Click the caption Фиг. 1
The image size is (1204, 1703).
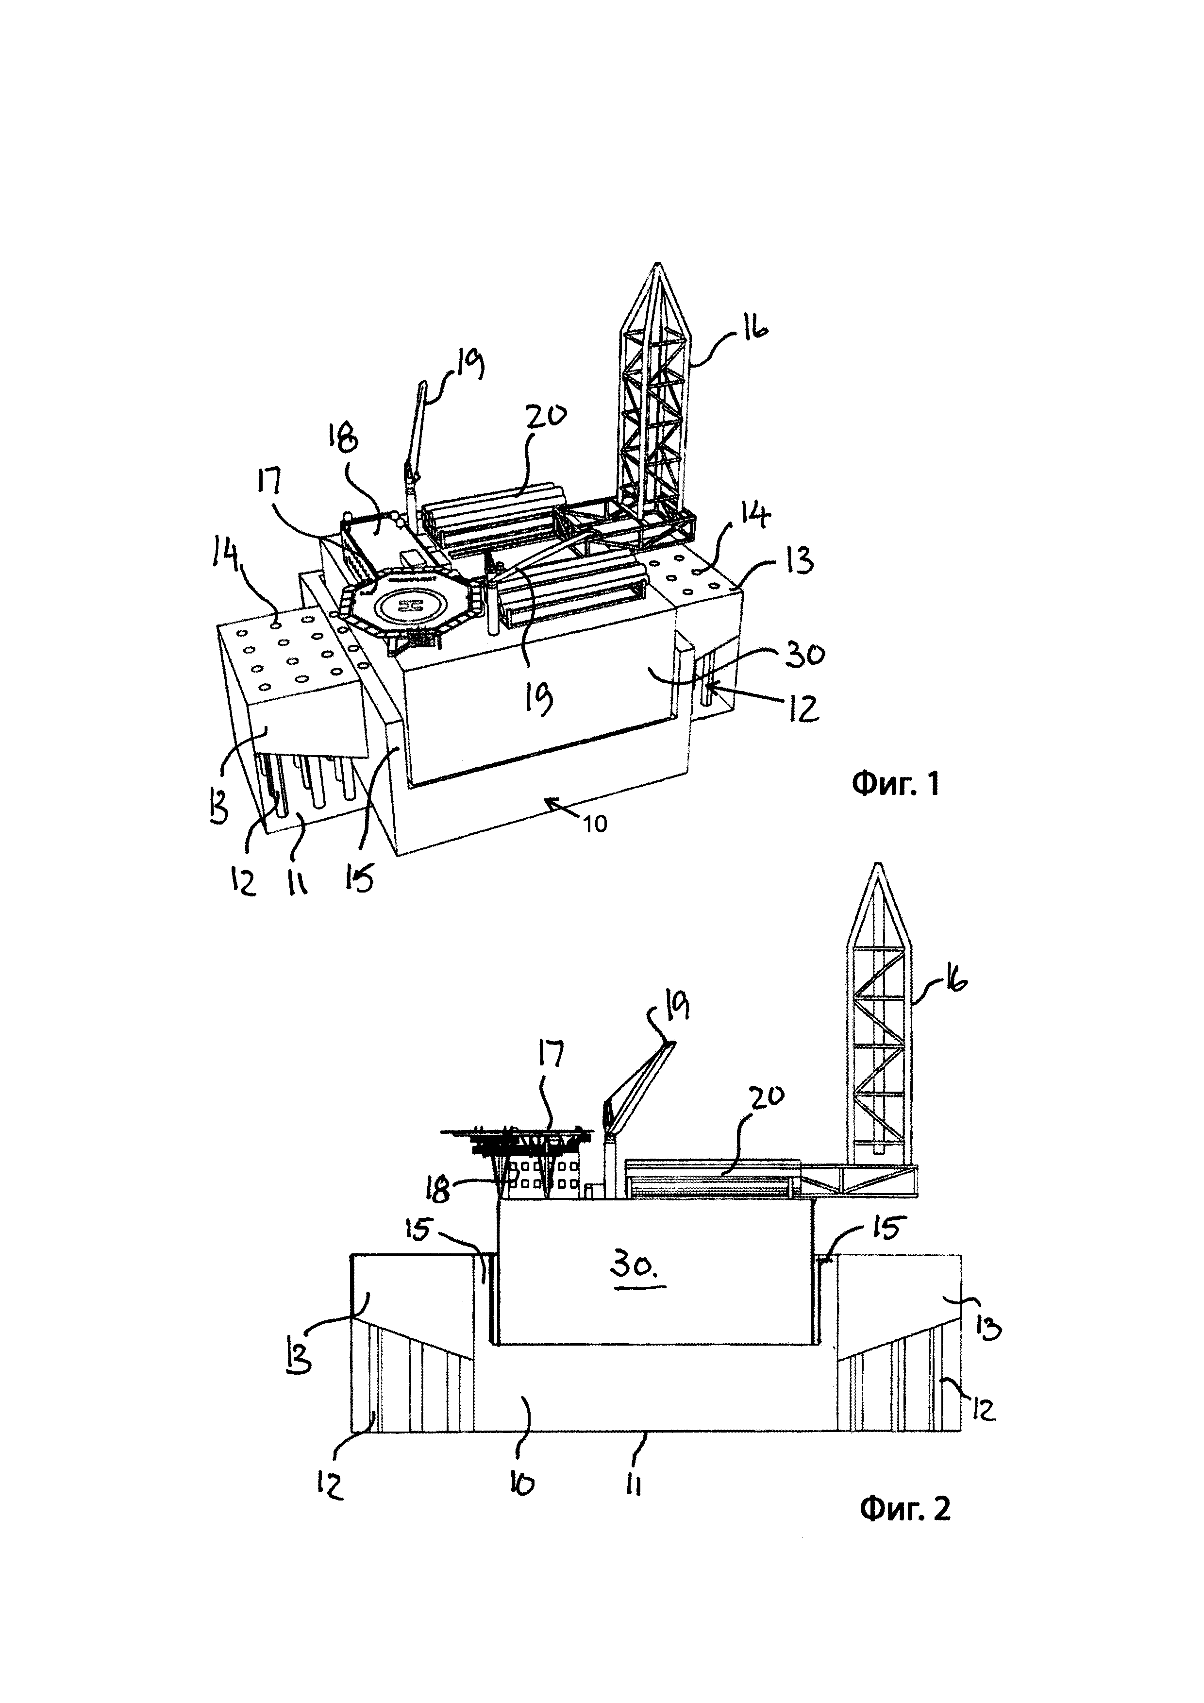pyautogui.click(x=896, y=783)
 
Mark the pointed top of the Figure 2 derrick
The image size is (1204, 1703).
pyautogui.click(x=879, y=863)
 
